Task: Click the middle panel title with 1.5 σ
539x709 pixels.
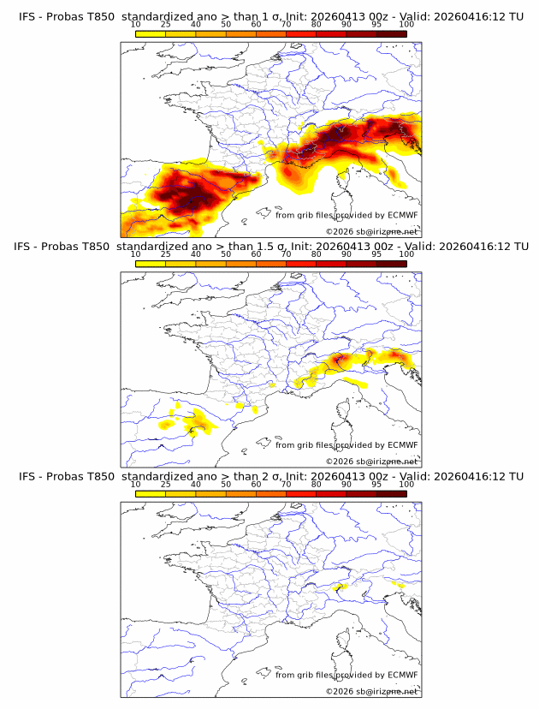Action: (x=269, y=247)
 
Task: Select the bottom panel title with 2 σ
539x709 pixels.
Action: (x=269, y=476)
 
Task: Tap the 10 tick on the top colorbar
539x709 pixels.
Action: (x=136, y=24)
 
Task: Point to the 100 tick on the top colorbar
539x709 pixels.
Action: (x=406, y=24)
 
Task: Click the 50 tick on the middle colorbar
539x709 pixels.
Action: (x=226, y=253)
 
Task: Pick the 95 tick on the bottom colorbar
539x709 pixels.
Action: (x=376, y=483)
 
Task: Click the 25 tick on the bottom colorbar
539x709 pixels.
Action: (x=166, y=483)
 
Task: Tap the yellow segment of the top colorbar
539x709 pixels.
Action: (x=151, y=33)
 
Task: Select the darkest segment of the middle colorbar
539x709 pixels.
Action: (x=391, y=263)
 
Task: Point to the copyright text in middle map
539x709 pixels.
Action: (x=371, y=461)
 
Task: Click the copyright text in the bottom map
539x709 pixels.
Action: (x=371, y=690)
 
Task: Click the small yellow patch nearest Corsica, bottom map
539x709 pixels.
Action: (x=340, y=587)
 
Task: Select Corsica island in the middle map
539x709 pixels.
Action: (x=345, y=412)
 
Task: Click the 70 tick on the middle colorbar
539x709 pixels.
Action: (x=286, y=253)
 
